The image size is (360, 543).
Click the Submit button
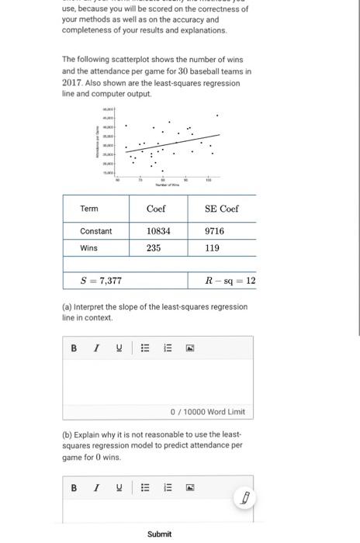pyautogui.click(x=159, y=534)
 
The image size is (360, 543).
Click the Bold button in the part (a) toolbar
pyautogui.click(x=74, y=348)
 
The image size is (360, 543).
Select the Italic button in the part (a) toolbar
pyautogui.click(x=96, y=348)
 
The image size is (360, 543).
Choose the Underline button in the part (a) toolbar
pyautogui.click(x=119, y=348)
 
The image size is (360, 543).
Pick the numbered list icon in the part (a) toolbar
pyautogui.click(x=167, y=348)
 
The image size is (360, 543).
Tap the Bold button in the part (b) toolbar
pyautogui.click(x=74, y=488)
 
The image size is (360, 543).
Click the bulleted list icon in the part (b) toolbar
pyautogui.click(x=144, y=488)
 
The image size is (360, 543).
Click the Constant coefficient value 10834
pyautogui.click(x=158, y=231)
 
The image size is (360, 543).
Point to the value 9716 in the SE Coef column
pyautogui.click(x=214, y=231)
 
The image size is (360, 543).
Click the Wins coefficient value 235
pyautogui.click(x=154, y=248)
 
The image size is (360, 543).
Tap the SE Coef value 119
pyautogui.click(x=212, y=248)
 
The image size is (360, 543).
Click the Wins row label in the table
pyautogui.click(x=90, y=248)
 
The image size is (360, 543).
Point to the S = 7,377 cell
pyautogui.click(x=101, y=281)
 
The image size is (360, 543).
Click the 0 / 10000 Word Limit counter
pyautogui.click(x=207, y=412)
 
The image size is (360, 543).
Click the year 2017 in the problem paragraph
pyautogui.click(x=72, y=82)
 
